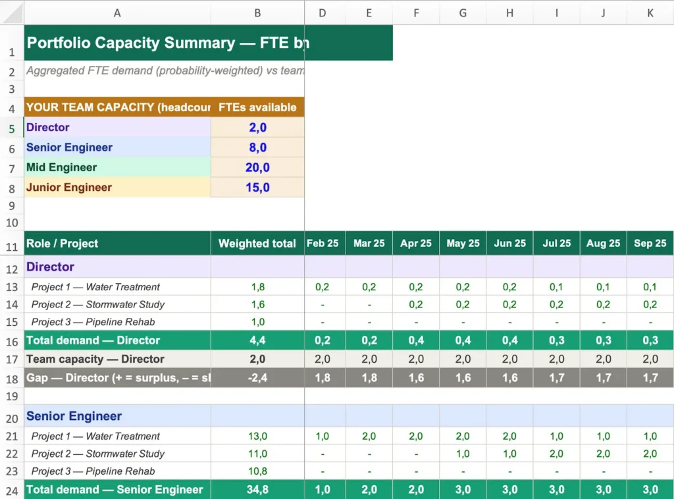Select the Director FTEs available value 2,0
tap(257, 128)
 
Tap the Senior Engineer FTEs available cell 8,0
tap(257, 147)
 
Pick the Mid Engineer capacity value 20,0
tap(257, 168)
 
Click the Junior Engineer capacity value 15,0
tap(257, 188)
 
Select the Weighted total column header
tap(257, 244)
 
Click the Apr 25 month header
tap(416, 244)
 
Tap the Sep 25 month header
tap(650, 244)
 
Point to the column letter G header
tap(463, 13)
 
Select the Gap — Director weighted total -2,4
tap(257, 379)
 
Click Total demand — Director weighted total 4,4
tap(257, 340)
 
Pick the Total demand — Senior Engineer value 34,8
tap(257, 490)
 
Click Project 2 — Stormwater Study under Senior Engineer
tap(97, 454)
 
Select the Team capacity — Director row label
tap(95, 359)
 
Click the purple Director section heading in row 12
tap(50, 267)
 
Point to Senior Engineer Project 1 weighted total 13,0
tap(257, 436)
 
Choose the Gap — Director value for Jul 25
tap(556, 379)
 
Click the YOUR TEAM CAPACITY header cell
tap(117, 107)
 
